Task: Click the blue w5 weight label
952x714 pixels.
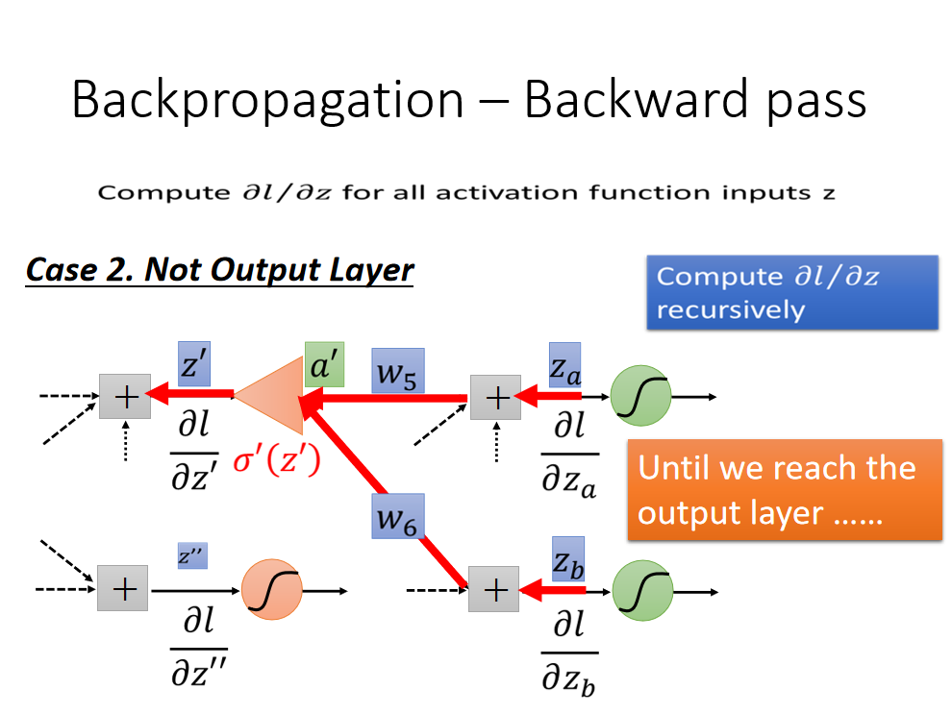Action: point(398,371)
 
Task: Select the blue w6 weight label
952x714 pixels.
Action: point(398,516)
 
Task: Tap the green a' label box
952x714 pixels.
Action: point(324,364)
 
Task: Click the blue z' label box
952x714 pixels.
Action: point(194,363)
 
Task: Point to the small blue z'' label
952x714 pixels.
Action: point(192,555)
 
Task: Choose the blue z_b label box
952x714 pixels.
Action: point(568,559)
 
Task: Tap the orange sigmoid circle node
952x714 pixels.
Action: point(272,589)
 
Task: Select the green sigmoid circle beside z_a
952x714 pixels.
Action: point(640,396)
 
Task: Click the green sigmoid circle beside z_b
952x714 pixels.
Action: point(642,590)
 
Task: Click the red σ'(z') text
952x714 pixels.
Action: point(277,460)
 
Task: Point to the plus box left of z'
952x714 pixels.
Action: point(125,396)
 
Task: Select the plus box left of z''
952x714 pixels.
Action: point(123,588)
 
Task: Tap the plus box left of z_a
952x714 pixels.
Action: point(495,397)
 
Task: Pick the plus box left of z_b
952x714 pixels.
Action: point(493,589)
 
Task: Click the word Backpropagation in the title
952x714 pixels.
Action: point(267,101)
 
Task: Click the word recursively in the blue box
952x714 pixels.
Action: point(731,309)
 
